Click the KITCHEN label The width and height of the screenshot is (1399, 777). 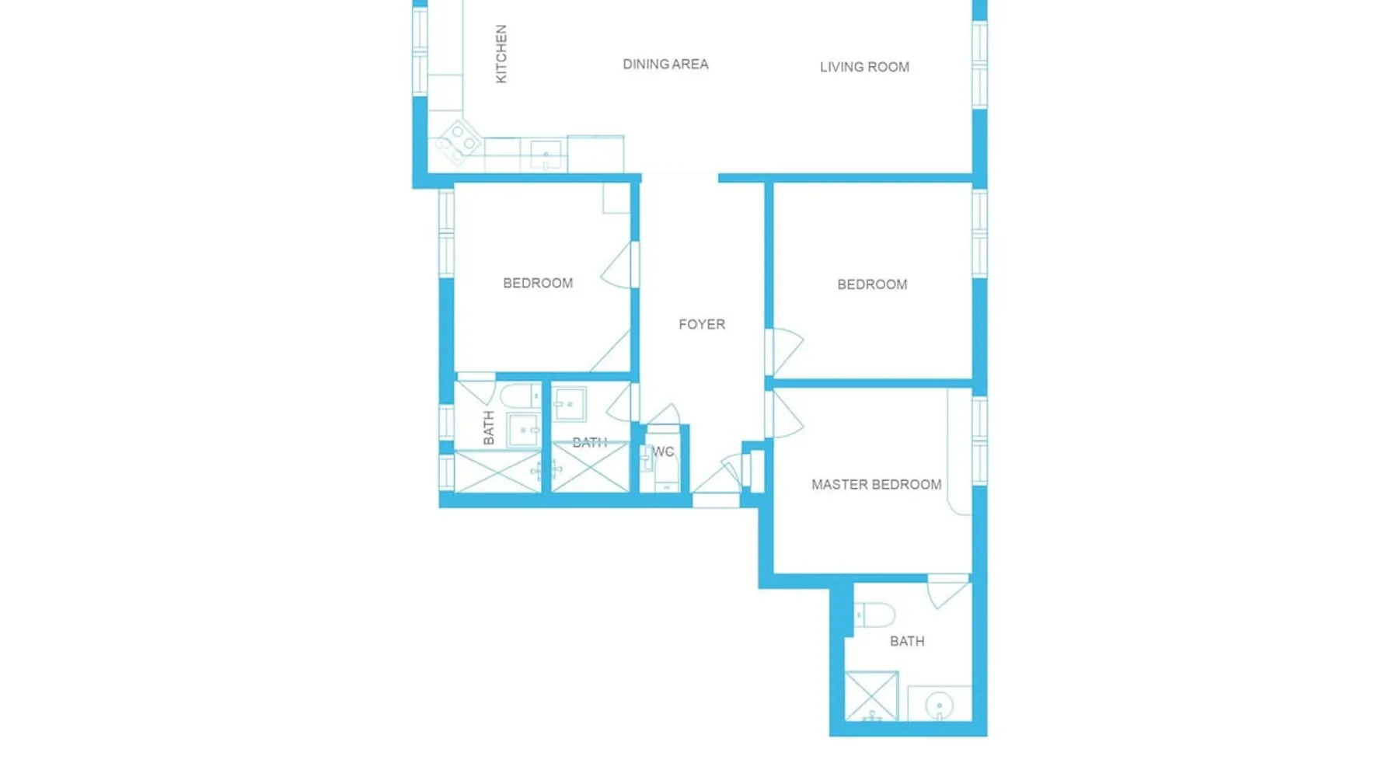pyautogui.click(x=501, y=54)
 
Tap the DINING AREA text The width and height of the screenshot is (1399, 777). pyautogui.click(x=665, y=64)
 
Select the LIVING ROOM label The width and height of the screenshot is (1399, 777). pyautogui.click(x=864, y=67)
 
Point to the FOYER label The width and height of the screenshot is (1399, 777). pyautogui.click(x=702, y=324)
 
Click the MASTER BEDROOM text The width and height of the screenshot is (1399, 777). pyautogui.click(x=876, y=484)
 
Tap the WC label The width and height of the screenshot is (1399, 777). pyautogui.click(x=663, y=451)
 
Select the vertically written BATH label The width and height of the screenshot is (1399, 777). pyautogui.click(x=488, y=428)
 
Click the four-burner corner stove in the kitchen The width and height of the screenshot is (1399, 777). pyautogui.click(x=459, y=141)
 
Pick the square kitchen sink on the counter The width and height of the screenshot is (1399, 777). pyautogui.click(x=546, y=154)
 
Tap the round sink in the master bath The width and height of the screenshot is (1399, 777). pyautogui.click(x=940, y=706)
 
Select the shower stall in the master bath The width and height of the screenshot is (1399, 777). pyautogui.click(x=871, y=696)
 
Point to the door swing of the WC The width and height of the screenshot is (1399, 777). pyautogui.click(x=664, y=414)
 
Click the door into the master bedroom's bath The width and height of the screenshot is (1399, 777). pyautogui.click(x=948, y=591)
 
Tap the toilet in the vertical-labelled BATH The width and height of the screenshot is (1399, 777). pyautogui.click(x=519, y=396)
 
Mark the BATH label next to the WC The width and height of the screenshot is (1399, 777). pyautogui.click(x=589, y=443)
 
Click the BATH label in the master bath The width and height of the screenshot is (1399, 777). pyautogui.click(x=907, y=641)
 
